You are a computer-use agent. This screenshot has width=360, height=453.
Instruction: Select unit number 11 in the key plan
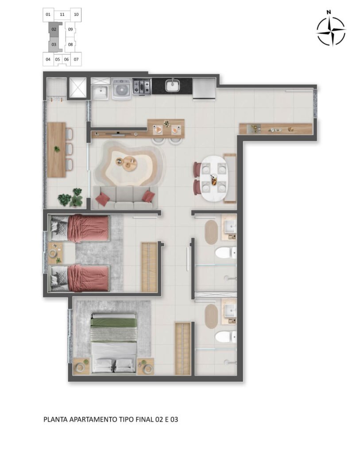pyautogui.click(x=62, y=15)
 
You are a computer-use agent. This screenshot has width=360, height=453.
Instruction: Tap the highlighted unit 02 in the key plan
pyautogui.click(x=54, y=29)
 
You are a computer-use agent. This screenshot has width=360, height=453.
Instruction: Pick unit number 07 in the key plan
pyautogui.click(x=76, y=59)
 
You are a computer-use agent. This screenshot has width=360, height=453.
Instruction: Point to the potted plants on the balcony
pyautogui.click(x=71, y=198)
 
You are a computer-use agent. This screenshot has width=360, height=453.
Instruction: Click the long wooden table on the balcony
pyautogui.click(x=56, y=150)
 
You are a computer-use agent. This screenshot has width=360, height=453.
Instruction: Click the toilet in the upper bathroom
pyautogui.click(x=226, y=253)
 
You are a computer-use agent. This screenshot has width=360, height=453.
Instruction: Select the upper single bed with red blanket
pyautogui.click(x=80, y=227)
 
